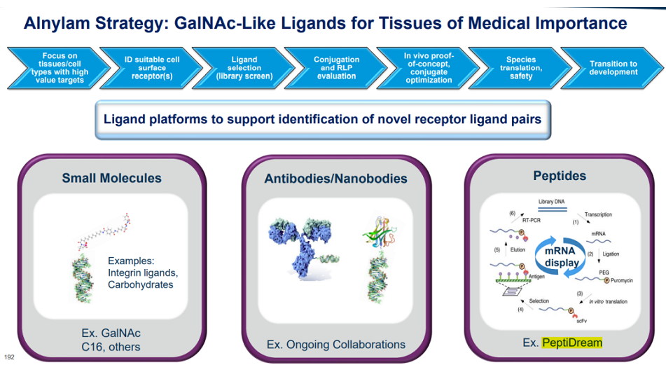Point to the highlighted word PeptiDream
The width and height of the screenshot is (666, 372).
572,343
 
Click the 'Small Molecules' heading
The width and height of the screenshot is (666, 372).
112,178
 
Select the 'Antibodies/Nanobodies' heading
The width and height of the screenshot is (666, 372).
335,179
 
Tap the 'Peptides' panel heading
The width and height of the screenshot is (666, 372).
560,176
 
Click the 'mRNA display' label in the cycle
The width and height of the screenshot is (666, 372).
561,257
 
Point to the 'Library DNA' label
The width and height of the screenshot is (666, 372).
551,202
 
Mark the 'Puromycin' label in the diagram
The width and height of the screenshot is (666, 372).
622,281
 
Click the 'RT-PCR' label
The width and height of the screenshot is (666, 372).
532,221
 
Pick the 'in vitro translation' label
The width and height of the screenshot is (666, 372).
609,301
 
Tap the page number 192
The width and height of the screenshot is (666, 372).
9,357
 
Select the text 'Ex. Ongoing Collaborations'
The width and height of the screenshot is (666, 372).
336,345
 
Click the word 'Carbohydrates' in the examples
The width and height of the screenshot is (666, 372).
141,284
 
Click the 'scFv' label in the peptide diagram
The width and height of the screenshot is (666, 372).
581,321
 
